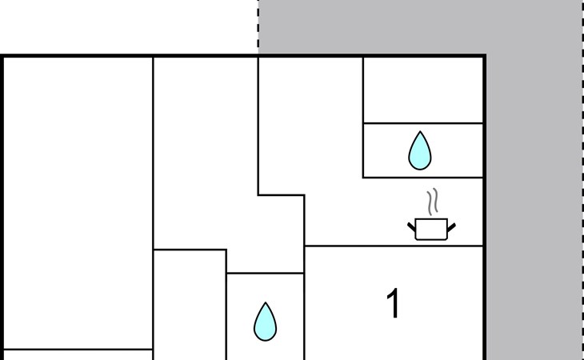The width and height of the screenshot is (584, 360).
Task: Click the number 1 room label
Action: [x=394, y=303]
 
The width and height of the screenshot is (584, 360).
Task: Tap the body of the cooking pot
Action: [x=431, y=230]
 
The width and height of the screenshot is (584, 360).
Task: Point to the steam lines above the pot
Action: [x=433, y=202]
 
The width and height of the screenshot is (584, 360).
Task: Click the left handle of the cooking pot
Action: [x=411, y=226]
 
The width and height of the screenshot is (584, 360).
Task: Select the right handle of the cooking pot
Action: [x=451, y=226]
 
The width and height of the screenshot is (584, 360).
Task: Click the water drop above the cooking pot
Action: [x=420, y=150]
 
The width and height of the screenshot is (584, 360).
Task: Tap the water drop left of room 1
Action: [x=265, y=322]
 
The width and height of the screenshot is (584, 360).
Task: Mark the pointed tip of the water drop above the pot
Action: [x=420, y=131]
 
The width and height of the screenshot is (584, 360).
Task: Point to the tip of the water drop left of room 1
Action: [x=266, y=302]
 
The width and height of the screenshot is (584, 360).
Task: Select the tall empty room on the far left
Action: [x=78, y=203]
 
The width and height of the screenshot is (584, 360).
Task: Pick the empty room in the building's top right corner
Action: [x=423, y=90]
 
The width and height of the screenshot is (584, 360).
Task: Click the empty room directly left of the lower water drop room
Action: [x=190, y=306]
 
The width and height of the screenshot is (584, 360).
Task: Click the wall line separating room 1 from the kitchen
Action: [x=394, y=246]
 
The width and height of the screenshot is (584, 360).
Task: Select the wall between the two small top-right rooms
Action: [x=423, y=123]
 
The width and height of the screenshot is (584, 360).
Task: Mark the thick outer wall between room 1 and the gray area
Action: [x=485, y=303]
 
